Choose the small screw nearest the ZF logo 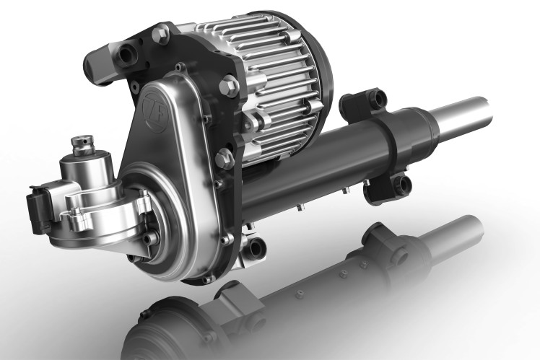[180, 68]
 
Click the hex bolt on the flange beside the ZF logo [229, 84]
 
